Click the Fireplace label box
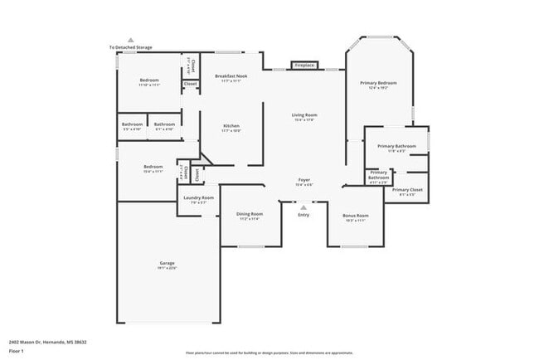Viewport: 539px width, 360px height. pyautogui.click(x=304, y=65)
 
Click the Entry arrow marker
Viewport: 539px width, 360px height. pyautogui.click(x=303, y=207)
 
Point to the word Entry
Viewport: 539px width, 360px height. pyautogui.click(x=303, y=216)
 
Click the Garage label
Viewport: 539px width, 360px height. pyautogui.click(x=168, y=264)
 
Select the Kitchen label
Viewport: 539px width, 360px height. pyautogui.click(x=231, y=126)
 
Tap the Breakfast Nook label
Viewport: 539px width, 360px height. pyautogui.click(x=231, y=76)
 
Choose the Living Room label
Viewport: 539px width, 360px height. pyautogui.click(x=304, y=115)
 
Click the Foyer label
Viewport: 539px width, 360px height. pyautogui.click(x=304, y=180)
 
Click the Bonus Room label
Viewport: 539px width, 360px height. pyautogui.click(x=355, y=216)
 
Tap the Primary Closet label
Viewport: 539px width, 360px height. pyautogui.click(x=407, y=191)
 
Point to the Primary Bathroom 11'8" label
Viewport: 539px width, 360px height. pyautogui.click(x=396, y=147)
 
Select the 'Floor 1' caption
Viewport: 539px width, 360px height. pyautogui.click(x=16, y=350)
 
